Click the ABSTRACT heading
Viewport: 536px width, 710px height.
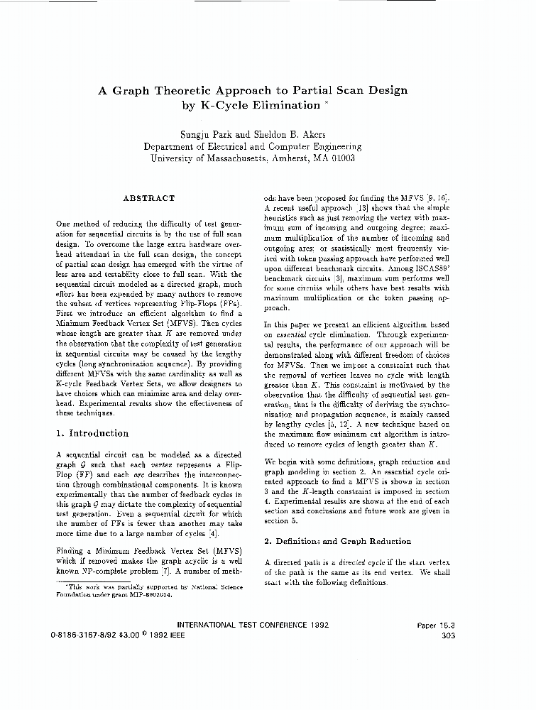coord(148,198)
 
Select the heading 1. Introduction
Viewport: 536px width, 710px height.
coord(92,433)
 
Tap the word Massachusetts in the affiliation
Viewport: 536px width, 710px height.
coord(230,158)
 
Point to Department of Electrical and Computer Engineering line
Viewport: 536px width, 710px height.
coord(252,146)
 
